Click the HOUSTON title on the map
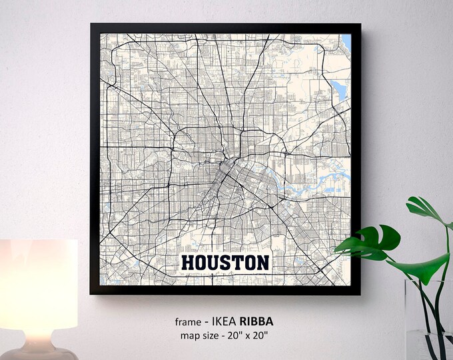[225, 263]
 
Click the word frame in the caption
[187, 321]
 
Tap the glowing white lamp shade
[39, 287]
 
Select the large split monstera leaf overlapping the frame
[370, 242]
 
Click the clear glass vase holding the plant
[426, 320]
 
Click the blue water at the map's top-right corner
[346, 42]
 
